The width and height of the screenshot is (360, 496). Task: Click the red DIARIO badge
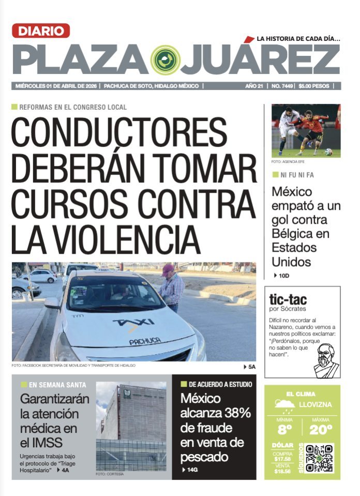point(41,31)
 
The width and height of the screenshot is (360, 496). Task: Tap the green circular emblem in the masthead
point(165,60)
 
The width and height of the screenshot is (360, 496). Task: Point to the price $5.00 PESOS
point(315,86)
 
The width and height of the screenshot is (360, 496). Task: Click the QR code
point(319,458)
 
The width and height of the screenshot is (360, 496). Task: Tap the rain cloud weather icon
point(285,404)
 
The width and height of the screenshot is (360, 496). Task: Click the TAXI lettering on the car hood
point(134,323)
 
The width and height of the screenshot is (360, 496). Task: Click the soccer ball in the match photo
point(328,152)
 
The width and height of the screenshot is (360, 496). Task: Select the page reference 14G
point(192,470)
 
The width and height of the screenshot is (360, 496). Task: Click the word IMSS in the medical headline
point(47,443)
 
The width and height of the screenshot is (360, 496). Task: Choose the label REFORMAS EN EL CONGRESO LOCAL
point(72,107)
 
